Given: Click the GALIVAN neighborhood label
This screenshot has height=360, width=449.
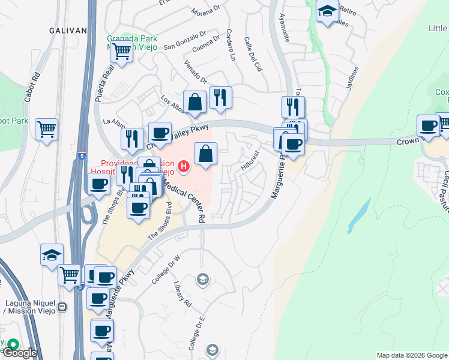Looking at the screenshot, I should [x=69, y=31].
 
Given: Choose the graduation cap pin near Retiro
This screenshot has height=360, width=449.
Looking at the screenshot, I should [x=327, y=11].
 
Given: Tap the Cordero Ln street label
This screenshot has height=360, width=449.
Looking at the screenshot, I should [x=229, y=46].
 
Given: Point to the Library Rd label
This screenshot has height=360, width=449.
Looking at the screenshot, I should [x=182, y=293].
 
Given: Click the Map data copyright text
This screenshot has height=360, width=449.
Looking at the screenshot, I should [x=412, y=355].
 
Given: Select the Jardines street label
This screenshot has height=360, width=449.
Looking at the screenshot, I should [x=352, y=77].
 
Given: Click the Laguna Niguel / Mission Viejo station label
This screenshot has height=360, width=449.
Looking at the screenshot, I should [x=30, y=307].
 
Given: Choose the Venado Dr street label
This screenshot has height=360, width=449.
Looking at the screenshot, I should [x=195, y=72].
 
